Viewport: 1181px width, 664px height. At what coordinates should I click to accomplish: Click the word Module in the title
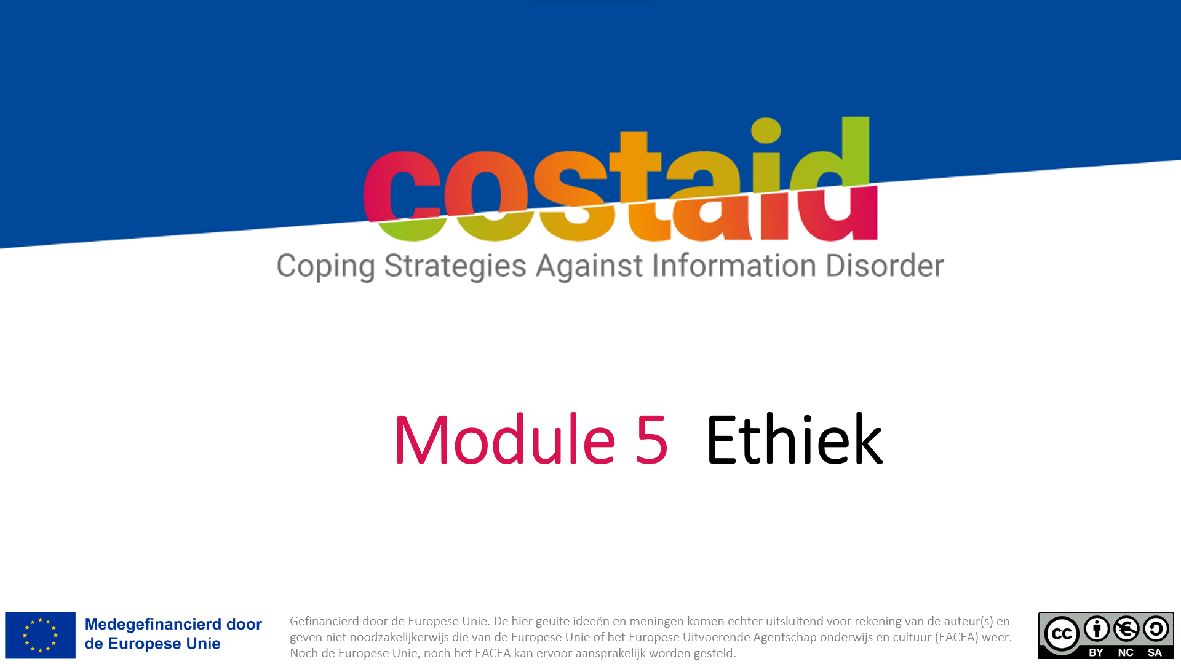pyautogui.click(x=505, y=439)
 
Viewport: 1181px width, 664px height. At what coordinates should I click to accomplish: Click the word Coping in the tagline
pyautogui.click(x=325, y=267)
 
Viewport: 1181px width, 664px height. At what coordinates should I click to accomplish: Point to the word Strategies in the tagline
pyautogui.click(x=455, y=267)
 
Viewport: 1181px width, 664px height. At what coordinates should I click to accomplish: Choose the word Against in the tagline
pyautogui.click(x=589, y=266)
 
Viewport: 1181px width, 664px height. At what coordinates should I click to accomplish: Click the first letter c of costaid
pyautogui.click(x=401, y=196)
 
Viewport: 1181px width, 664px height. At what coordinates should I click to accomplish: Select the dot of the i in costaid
pyautogui.click(x=766, y=130)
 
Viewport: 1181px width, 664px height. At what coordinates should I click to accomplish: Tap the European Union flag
pyautogui.click(x=40, y=635)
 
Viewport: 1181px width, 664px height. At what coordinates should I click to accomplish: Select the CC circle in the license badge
pyautogui.click(x=1062, y=634)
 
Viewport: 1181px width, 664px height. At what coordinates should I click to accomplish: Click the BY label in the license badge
pyautogui.click(x=1096, y=652)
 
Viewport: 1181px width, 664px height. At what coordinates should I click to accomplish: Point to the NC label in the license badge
pyautogui.click(x=1126, y=652)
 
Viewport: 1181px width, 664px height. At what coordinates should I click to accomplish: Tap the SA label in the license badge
pyautogui.click(x=1155, y=652)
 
